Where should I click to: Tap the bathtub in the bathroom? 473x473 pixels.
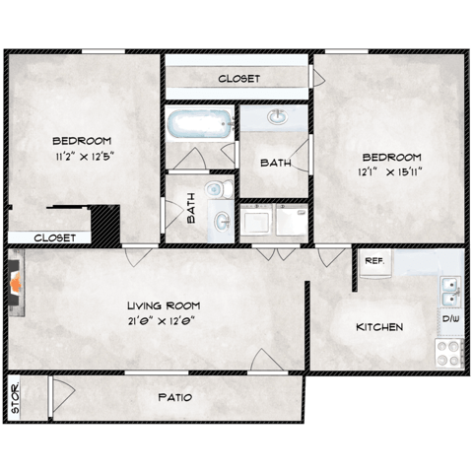(200, 125)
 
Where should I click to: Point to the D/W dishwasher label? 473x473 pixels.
(449, 320)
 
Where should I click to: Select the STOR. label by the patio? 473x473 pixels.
(16, 397)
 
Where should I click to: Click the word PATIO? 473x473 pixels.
(173, 398)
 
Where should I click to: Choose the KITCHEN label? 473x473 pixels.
(379, 326)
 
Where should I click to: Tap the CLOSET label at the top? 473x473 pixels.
(238, 78)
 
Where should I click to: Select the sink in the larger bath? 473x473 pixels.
(278, 118)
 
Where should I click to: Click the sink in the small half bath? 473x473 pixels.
(223, 220)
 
